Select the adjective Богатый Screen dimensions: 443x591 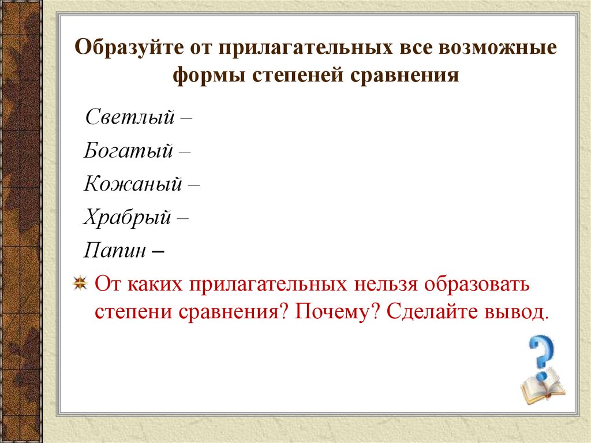tap(129, 151)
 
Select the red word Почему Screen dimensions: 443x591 tap(335, 312)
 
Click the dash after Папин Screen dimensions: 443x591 tap(159, 252)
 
